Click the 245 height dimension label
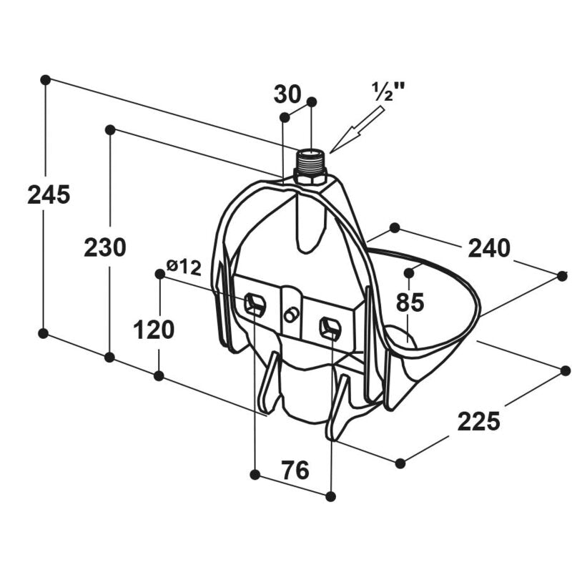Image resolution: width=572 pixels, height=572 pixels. pyautogui.click(x=49, y=194)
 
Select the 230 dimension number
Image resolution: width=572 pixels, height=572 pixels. pyautogui.click(x=105, y=247)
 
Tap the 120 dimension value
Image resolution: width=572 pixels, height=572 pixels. pyautogui.click(x=154, y=330)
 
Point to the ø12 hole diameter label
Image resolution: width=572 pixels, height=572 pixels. pyautogui.click(x=184, y=267)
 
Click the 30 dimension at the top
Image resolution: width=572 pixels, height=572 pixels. pyautogui.click(x=287, y=94)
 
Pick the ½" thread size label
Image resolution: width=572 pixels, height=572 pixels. pyautogui.click(x=388, y=92)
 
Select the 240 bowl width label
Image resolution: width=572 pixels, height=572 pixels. pyautogui.click(x=489, y=248)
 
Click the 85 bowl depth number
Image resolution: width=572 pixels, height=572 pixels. pyautogui.click(x=410, y=302)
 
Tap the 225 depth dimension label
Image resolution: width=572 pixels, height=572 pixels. pyautogui.click(x=478, y=421)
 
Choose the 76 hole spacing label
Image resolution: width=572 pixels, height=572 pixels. pyautogui.click(x=295, y=470)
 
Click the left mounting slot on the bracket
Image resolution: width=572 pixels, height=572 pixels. pyautogui.click(x=255, y=304)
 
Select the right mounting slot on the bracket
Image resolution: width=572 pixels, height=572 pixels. pyautogui.click(x=330, y=328)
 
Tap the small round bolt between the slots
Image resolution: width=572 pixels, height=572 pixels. pyautogui.click(x=291, y=315)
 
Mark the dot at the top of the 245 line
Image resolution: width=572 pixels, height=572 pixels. pyautogui.click(x=45, y=79)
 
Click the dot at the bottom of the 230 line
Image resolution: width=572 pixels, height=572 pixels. pyautogui.click(x=109, y=357)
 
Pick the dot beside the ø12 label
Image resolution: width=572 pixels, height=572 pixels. pyautogui.click(x=159, y=274)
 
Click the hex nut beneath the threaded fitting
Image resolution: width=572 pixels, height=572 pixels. pyautogui.click(x=310, y=179)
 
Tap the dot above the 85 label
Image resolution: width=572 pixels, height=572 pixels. pyautogui.click(x=409, y=273)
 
